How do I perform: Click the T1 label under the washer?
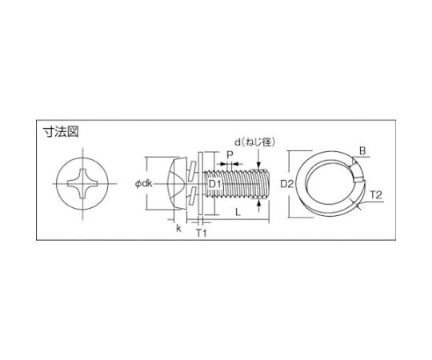[x=202, y=234]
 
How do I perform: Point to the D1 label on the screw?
[x=215, y=186]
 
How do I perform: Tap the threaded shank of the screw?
[x=244, y=186]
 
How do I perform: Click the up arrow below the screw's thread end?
[x=263, y=207]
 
